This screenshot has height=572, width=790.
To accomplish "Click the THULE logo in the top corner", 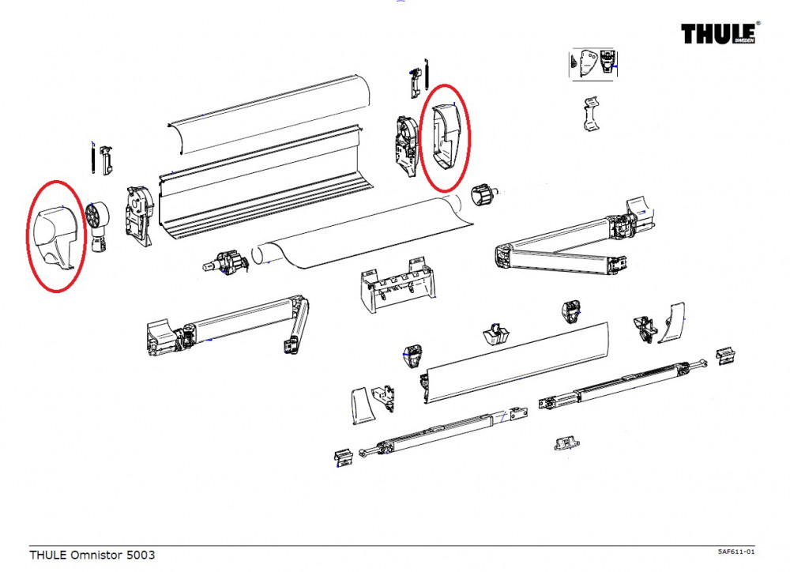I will click(717, 35).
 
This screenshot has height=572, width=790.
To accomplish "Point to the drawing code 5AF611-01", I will click(736, 551).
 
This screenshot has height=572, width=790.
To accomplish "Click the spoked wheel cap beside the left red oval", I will click(96, 216).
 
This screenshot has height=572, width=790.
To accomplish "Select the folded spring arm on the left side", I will click(229, 326).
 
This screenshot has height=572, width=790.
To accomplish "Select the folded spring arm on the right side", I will click(569, 241).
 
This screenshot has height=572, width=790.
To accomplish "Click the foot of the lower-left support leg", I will click(344, 457).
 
